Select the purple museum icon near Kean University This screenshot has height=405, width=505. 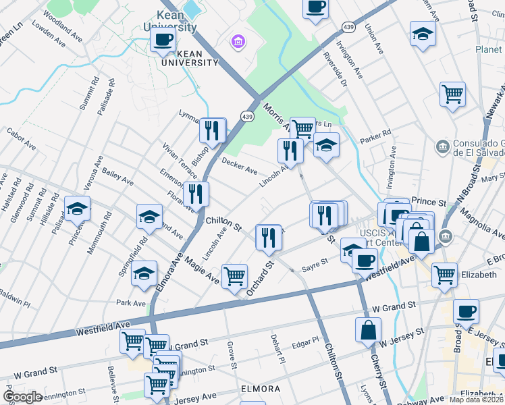(236, 43)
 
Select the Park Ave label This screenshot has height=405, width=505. (130, 303)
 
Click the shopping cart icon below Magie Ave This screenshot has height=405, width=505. (234, 275)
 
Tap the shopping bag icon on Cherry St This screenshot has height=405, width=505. (369, 330)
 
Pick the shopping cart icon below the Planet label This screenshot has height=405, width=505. (452, 94)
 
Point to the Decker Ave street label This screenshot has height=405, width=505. (239, 165)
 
